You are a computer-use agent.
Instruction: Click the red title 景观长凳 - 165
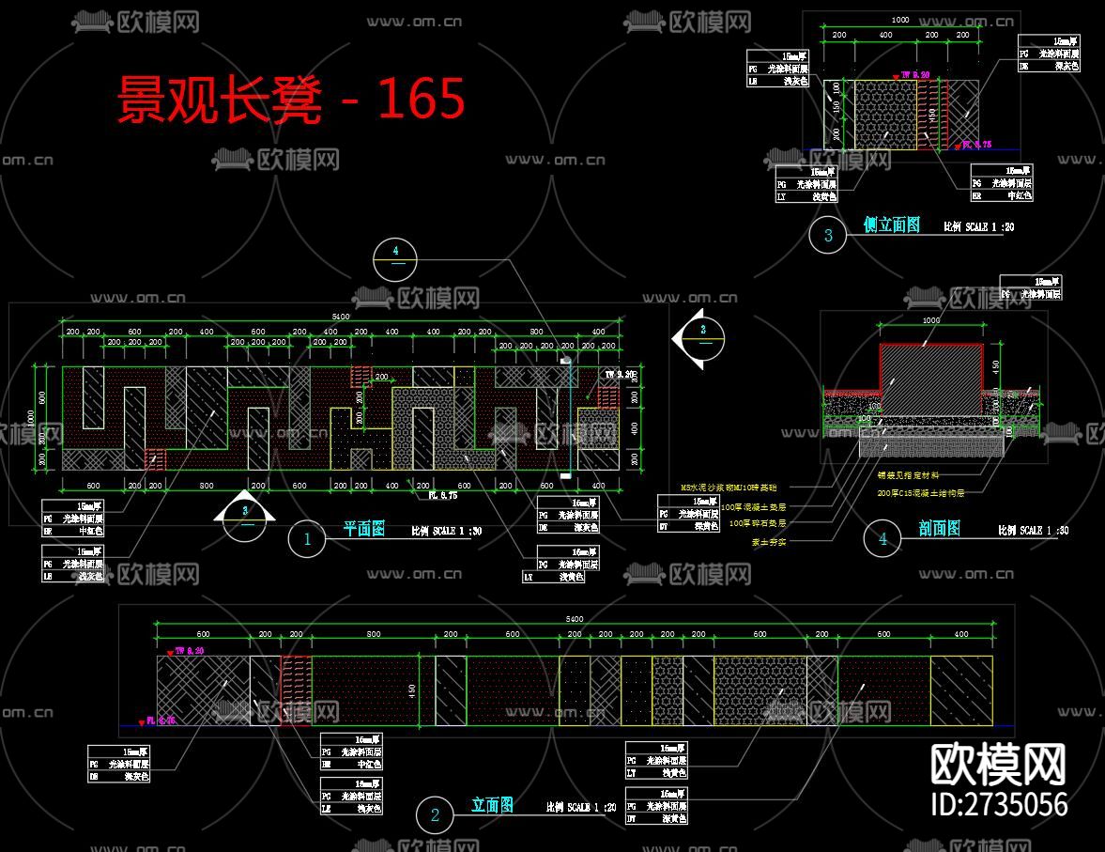(291, 100)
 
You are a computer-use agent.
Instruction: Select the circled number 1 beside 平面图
(307, 539)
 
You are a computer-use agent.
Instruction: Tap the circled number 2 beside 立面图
(435, 814)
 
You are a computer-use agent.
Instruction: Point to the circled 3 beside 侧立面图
(828, 235)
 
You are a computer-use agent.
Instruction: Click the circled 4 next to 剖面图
(882, 538)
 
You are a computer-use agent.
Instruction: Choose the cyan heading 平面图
(363, 530)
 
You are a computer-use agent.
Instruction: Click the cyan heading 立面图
(492, 805)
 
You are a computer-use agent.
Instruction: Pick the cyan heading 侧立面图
(891, 225)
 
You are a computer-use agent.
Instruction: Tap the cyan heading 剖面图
(939, 530)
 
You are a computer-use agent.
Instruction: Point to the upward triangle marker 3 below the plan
(245, 512)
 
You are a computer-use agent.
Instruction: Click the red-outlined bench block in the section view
(930, 380)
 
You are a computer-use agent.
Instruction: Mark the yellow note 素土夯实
(769, 541)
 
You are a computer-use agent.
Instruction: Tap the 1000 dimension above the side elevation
(900, 20)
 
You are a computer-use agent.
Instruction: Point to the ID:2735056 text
(998, 805)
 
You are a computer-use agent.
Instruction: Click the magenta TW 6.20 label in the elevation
(190, 650)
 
